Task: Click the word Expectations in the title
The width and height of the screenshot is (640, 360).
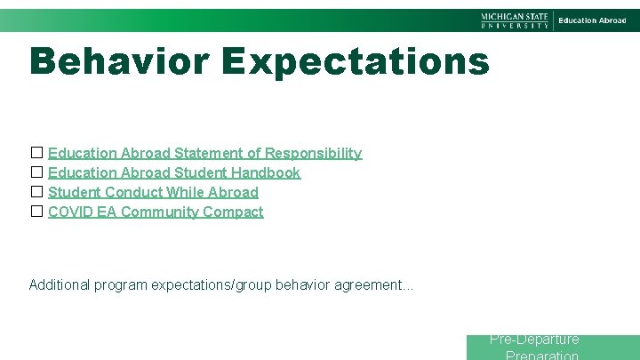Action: (x=356, y=61)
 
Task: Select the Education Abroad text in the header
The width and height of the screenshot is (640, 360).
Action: (x=592, y=20)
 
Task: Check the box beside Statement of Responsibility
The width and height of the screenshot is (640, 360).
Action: (x=36, y=153)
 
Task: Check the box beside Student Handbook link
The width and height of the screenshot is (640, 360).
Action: (x=36, y=172)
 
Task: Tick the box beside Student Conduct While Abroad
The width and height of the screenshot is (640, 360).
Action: (x=36, y=192)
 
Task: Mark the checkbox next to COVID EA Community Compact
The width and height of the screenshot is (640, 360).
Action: (x=36, y=212)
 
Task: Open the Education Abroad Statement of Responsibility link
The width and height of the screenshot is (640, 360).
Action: (x=204, y=154)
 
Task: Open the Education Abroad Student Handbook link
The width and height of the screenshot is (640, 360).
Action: (x=174, y=173)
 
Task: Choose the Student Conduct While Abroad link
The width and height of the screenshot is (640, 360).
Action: (x=153, y=193)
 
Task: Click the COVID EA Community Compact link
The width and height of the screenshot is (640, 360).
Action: (x=156, y=212)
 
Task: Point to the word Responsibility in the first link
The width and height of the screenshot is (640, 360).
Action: (x=313, y=154)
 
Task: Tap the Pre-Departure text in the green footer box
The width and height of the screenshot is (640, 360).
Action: (x=534, y=340)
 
